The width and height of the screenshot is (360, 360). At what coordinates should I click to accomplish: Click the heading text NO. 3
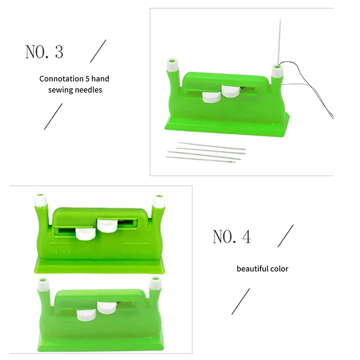(44, 52)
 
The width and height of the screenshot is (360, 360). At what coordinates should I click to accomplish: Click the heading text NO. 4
(231, 237)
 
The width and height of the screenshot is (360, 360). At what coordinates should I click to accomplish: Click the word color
(279, 269)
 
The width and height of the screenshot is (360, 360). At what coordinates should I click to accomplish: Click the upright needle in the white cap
(279, 43)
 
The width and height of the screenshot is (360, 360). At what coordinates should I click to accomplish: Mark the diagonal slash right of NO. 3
(98, 51)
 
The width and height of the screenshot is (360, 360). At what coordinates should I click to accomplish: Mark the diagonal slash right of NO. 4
(285, 236)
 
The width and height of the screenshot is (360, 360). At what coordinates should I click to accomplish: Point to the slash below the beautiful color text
(240, 301)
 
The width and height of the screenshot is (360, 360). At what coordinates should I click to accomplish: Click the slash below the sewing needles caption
(53, 116)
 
